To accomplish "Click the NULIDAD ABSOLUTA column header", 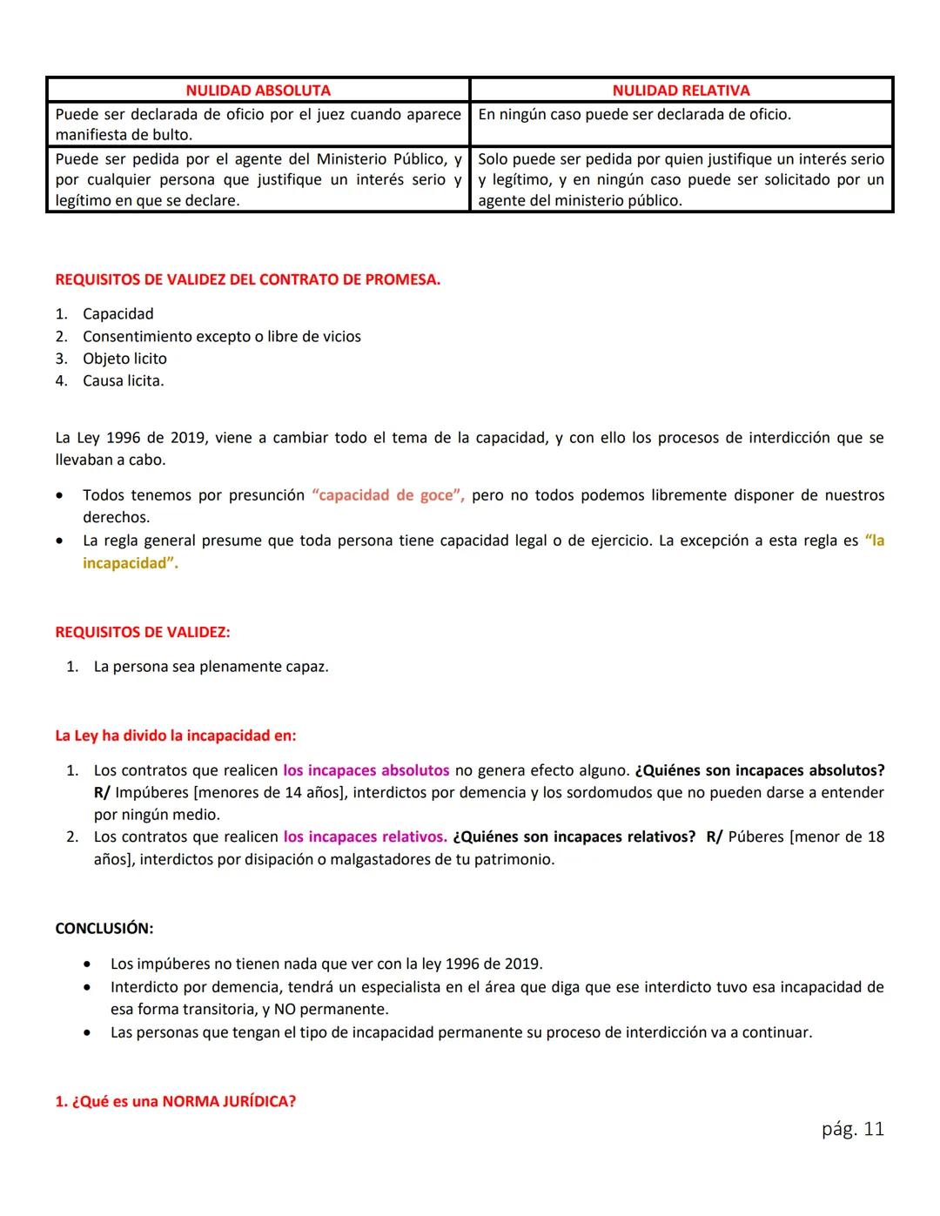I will coord(258,91).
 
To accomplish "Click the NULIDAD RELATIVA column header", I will coord(681,91).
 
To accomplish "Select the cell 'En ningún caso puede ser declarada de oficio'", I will coord(634,115).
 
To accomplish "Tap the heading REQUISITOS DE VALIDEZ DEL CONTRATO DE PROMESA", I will coord(247,280).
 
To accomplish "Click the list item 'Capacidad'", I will coord(117,314).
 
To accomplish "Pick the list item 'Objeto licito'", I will coord(124,359).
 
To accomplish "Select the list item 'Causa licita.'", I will coord(123,381).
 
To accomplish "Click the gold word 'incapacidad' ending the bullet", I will coord(130,563).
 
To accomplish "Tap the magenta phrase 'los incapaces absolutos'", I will coord(366,770).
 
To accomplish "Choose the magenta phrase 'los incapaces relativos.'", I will coord(365,837).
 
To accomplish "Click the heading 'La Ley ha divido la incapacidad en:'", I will coord(175,736).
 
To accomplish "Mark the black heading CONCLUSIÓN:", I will coord(104,929).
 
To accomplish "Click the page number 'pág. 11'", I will coord(852,1129).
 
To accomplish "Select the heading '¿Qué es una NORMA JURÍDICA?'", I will coord(175,1102).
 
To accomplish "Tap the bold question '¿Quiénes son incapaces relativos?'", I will coord(574,837).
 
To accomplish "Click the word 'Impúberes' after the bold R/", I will coord(151,793).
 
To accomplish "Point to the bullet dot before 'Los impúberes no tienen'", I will coord(87,965).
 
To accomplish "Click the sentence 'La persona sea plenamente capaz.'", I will coord(211,668).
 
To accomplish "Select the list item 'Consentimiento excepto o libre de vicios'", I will coord(221,337).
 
